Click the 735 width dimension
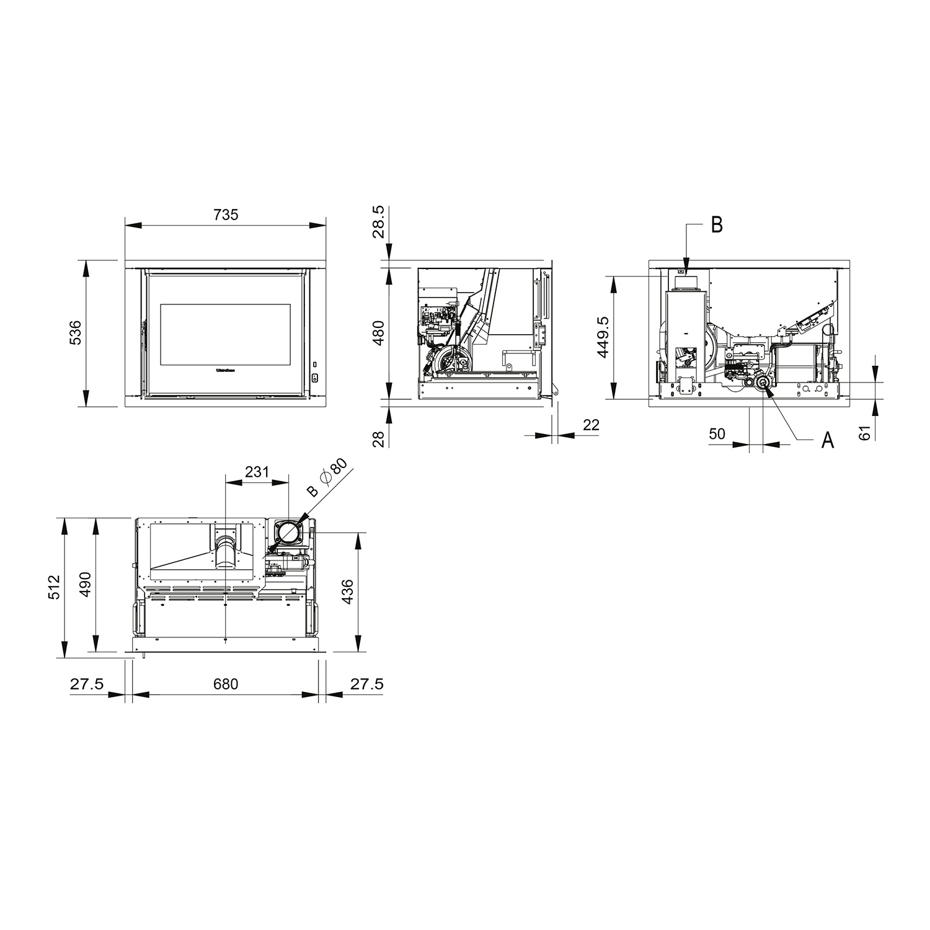(226, 215)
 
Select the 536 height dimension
(74, 333)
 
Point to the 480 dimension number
(379, 333)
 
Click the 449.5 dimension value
(603, 337)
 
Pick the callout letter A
(827, 441)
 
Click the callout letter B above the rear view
(717, 226)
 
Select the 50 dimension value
(717, 434)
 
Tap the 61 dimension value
(866, 432)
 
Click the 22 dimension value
(591, 425)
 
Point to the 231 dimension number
(257, 472)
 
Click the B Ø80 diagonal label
(329, 478)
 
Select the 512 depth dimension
(54, 587)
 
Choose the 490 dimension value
(85, 584)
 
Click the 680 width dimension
(226, 684)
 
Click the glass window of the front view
(225, 334)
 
